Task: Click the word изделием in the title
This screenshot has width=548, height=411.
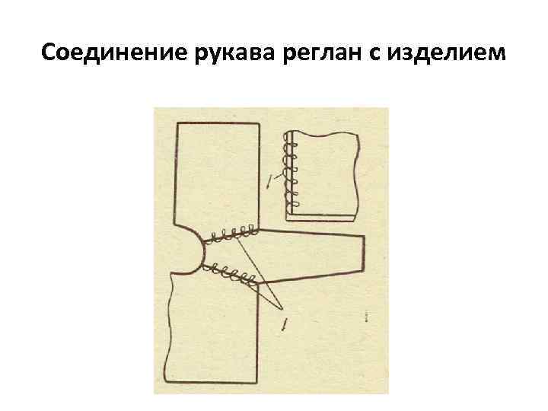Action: (x=447, y=53)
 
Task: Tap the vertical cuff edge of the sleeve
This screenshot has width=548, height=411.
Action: (x=365, y=254)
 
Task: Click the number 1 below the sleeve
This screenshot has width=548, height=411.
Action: (x=283, y=325)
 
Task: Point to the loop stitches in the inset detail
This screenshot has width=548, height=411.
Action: (x=290, y=171)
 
